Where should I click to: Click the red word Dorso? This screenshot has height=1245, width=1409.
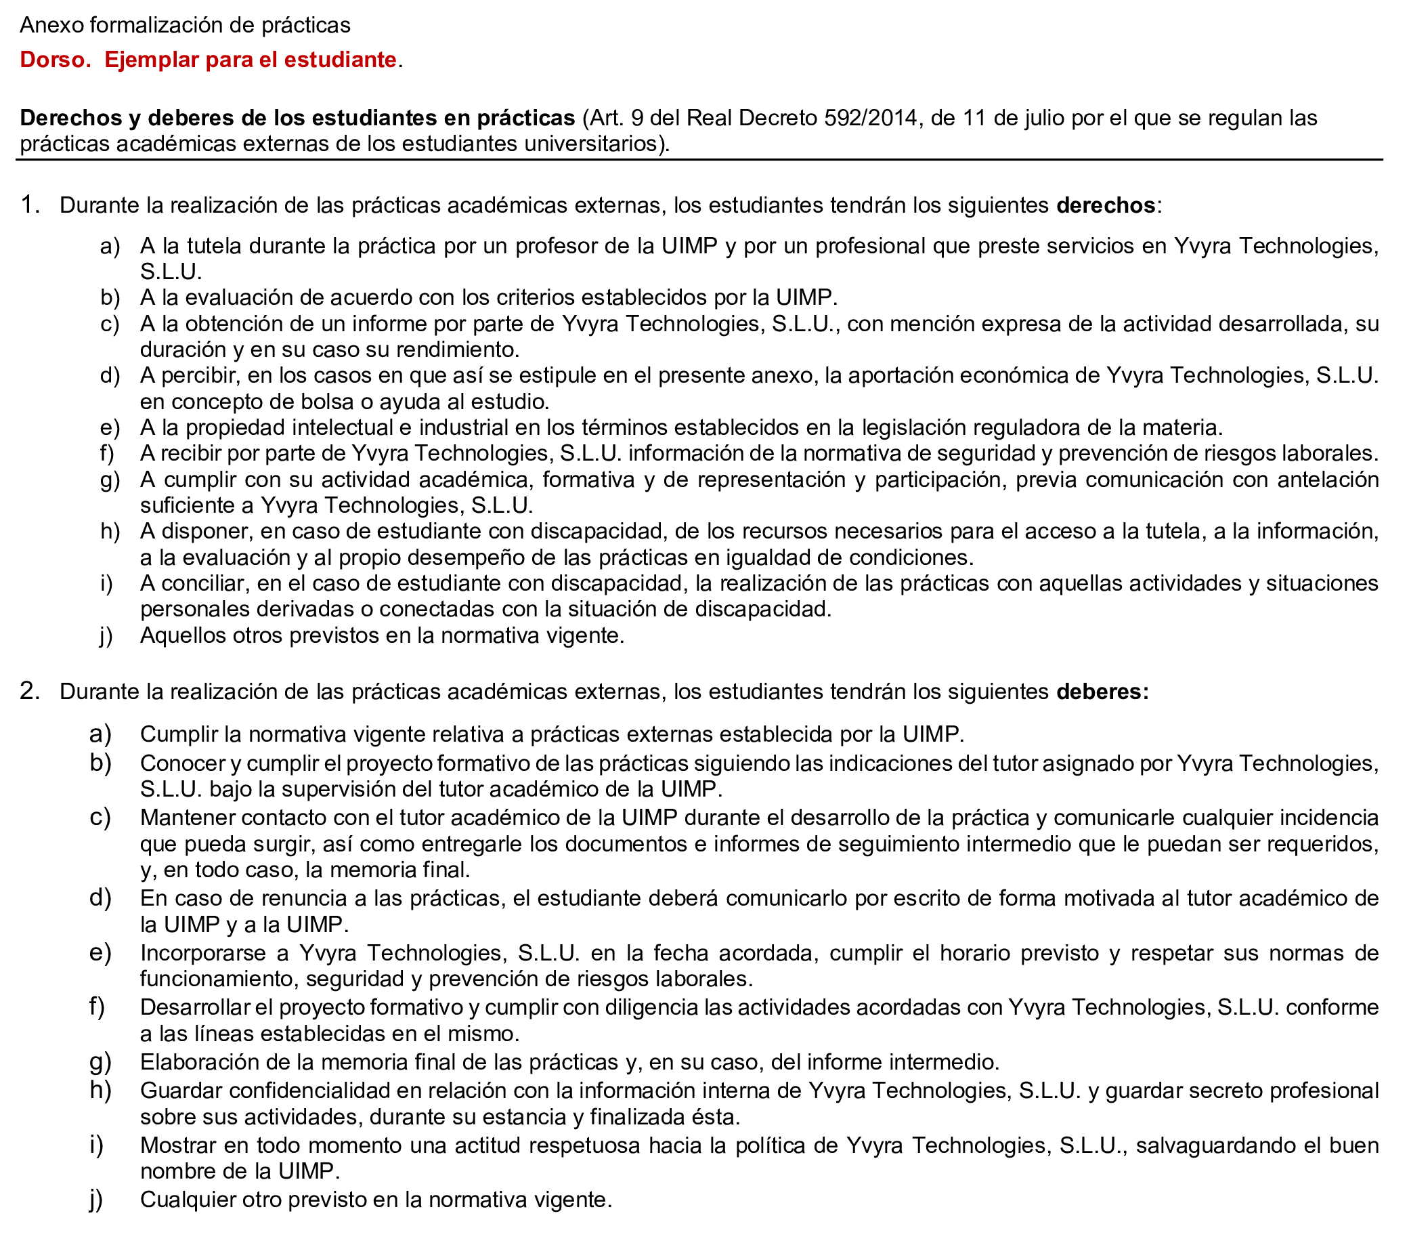[55, 60]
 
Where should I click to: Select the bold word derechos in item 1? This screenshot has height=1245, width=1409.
[1105, 205]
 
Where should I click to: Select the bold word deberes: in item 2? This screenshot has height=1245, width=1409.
[1102, 692]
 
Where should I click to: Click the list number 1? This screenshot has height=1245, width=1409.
[29, 205]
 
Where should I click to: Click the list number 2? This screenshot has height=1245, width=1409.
[29, 691]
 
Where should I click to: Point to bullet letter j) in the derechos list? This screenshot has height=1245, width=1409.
[106, 636]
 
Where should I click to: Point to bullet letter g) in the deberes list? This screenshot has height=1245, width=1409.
[100, 1061]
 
